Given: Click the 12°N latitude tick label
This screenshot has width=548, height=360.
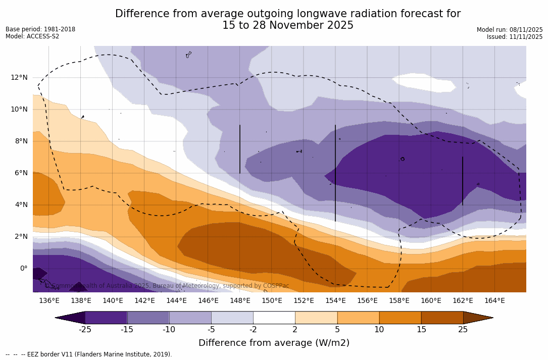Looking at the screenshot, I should pyautogui.click(x=19, y=77).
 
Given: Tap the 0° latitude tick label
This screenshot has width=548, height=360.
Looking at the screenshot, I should pyautogui.click(x=23, y=268).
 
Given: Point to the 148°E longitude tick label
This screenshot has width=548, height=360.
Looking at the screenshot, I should pyautogui.click(x=240, y=301).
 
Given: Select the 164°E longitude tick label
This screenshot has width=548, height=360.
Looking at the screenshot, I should pyautogui.click(x=494, y=301).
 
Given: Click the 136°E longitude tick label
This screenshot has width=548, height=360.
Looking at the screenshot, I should pyautogui.click(x=49, y=301).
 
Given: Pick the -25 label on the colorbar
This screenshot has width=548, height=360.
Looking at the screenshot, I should pyautogui.click(x=85, y=330).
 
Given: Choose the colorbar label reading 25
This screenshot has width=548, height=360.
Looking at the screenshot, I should pyautogui.click(x=463, y=330).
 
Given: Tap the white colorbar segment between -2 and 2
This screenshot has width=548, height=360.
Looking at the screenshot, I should pyautogui.click(x=274, y=318).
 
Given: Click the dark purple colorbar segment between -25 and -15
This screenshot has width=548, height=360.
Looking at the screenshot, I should pyautogui.click(x=106, y=318).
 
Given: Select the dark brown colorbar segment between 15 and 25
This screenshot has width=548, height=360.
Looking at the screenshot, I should pyautogui.click(x=442, y=318).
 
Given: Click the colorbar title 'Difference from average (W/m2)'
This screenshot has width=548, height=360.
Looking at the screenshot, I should pyautogui.click(x=274, y=343).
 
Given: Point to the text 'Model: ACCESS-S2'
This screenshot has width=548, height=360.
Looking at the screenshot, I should pyautogui.click(x=32, y=36).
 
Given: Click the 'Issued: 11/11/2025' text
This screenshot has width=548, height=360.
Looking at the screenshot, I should pyautogui.click(x=515, y=37).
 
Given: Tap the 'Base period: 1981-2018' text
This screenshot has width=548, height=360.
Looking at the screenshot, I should pyautogui.click(x=40, y=29).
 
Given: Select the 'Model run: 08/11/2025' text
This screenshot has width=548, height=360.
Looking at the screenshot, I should pyautogui.click(x=510, y=30).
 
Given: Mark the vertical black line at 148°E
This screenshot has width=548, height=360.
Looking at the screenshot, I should pyautogui.click(x=240, y=149).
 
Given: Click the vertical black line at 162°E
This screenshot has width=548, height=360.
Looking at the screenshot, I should pyautogui.click(x=462, y=180).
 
